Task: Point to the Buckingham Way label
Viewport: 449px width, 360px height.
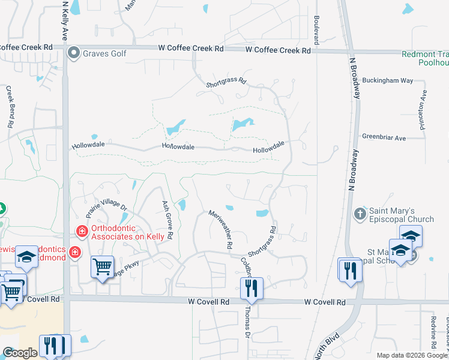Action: [x=390, y=80]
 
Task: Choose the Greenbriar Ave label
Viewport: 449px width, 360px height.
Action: [x=384, y=138]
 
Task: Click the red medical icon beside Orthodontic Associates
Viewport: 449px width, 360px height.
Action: [x=81, y=230]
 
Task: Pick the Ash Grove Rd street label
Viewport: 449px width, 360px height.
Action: [x=167, y=220]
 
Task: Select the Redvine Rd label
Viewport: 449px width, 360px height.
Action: [x=433, y=332]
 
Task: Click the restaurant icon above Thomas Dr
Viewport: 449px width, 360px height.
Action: [x=252, y=288]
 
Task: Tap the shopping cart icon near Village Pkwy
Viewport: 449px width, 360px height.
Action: [x=102, y=267]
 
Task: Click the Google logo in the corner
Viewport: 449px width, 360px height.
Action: [x=20, y=353]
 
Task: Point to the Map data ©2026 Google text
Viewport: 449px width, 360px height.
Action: [x=411, y=355]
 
